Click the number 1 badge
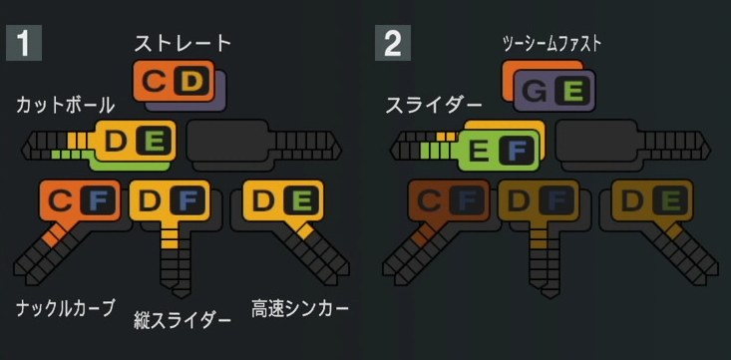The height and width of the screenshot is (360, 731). click(x=24, y=43)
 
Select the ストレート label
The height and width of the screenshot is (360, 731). click(x=183, y=43)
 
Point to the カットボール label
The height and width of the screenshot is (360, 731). click(x=66, y=105)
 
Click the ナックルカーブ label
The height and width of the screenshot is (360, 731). click(x=66, y=307)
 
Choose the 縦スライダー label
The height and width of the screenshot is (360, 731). click(x=183, y=320)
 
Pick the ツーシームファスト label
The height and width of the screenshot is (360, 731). click(x=551, y=43)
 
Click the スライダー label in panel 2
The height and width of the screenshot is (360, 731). click(x=434, y=105)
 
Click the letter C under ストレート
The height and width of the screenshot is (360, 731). click(x=154, y=81)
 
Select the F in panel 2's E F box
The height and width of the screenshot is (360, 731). click(x=516, y=152)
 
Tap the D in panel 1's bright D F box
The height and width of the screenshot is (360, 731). click(x=151, y=201)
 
